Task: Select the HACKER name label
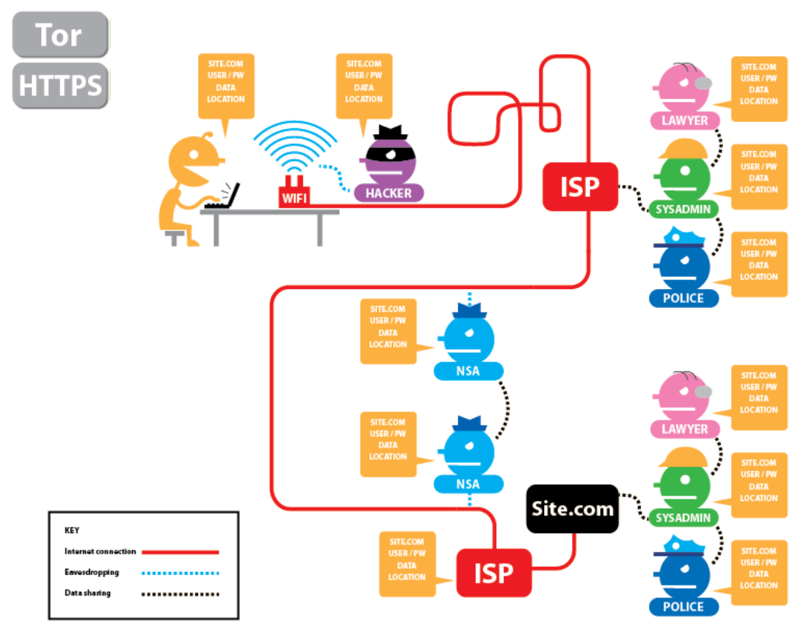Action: tap(388, 193)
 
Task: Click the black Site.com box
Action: tap(572, 509)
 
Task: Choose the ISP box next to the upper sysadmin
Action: tap(579, 186)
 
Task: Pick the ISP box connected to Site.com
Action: tap(493, 573)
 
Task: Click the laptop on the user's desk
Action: tap(224, 197)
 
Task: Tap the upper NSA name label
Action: tap(468, 371)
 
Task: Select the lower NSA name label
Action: tap(468, 484)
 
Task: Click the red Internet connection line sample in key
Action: tap(180, 551)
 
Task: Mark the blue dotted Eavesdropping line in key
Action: tap(180, 572)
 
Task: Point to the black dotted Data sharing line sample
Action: tap(180, 593)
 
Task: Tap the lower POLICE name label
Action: tap(684, 607)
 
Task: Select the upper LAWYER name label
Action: tap(684, 120)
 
